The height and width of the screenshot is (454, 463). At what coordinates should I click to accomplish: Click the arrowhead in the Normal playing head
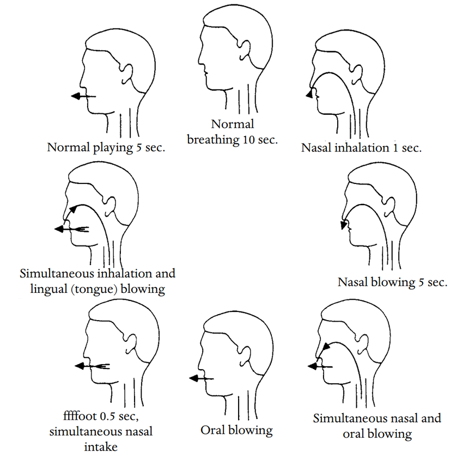click(76, 96)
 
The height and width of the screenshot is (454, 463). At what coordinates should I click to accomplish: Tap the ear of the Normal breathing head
click(245, 51)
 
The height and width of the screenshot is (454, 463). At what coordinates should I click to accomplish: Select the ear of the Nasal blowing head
click(389, 206)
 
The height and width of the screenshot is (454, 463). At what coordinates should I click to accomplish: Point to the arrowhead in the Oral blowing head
click(194, 378)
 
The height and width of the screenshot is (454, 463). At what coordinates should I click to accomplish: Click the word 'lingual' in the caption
click(48, 289)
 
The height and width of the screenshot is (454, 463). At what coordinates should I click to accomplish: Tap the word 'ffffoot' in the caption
click(80, 416)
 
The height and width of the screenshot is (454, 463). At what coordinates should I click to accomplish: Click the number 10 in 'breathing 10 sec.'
click(248, 139)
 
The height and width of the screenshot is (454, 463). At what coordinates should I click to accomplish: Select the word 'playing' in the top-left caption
click(113, 148)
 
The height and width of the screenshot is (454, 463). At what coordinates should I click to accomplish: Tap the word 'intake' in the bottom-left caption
click(101, 447)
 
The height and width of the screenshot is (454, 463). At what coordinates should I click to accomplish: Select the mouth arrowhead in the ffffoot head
click(80, 366)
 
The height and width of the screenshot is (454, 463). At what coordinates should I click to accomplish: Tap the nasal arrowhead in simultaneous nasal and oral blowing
click(326, 347)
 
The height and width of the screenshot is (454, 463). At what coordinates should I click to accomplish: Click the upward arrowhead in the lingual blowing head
click(72, 209)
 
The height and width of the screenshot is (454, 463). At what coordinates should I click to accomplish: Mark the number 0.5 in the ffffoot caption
click(107, 416)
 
